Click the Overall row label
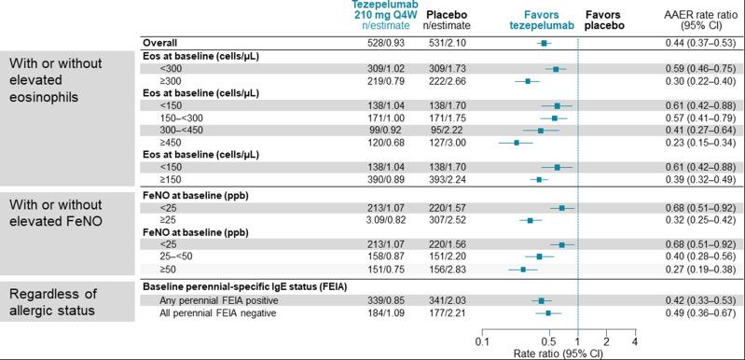click(159, 44)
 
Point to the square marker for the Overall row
click(544, 44)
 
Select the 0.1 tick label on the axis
click(482, 342)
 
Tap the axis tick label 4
click(634, 342)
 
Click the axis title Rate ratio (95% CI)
click(558, 354)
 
